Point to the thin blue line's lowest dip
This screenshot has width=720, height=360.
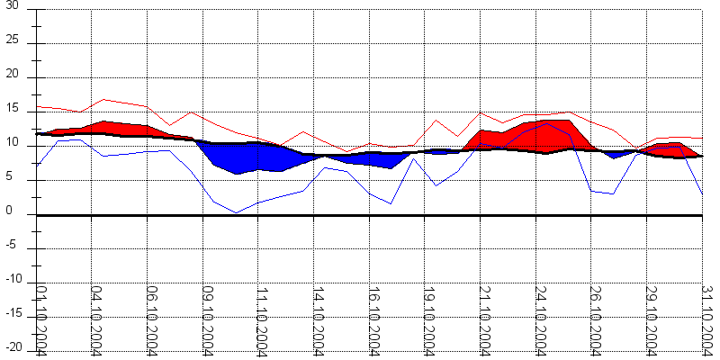click(x=236, y=212)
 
